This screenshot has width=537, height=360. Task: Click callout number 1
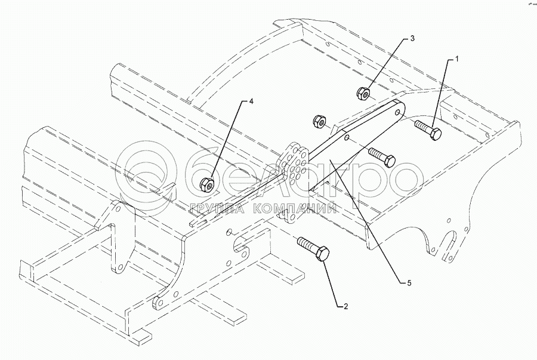coord(457,59)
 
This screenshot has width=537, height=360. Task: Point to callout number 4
coord(251,102)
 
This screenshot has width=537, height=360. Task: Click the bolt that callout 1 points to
coord(427,129)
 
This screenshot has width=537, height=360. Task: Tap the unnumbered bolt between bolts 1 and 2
coord(382,156)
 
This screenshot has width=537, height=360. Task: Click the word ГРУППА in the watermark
coord(216,209)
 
